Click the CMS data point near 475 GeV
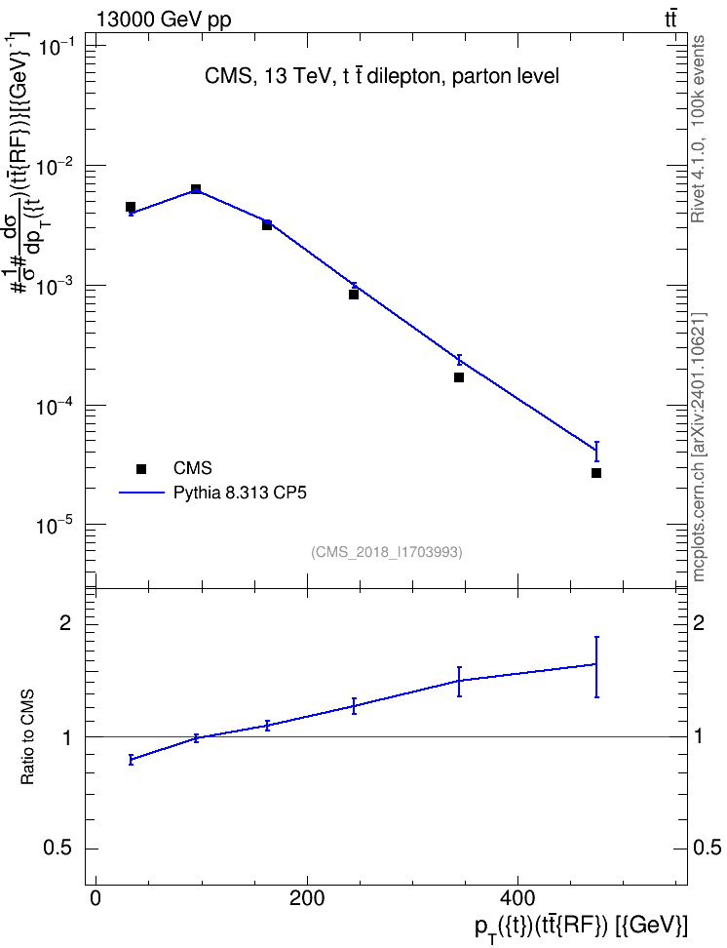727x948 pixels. (596, 473)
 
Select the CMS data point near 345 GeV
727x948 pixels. (459, 377)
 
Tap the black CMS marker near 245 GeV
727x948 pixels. (354, 295)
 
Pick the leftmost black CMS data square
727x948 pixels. (130, 207)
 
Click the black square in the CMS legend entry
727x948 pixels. (141, 468)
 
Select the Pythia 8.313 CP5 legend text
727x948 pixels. (240, 493)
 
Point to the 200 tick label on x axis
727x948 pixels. (307, 898)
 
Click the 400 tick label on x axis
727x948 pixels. (517, 898)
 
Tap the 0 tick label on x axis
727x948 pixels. (96, 898)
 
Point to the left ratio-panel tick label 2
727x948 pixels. (65, 623)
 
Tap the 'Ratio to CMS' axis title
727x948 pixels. (27, 737)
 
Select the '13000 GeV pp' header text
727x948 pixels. (164, 20)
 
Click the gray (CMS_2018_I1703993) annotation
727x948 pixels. (387, 552)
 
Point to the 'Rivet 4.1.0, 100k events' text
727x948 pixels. (698, 129)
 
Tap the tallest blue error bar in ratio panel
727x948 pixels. (596, 667)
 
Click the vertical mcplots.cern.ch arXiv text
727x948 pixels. (699, 447)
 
